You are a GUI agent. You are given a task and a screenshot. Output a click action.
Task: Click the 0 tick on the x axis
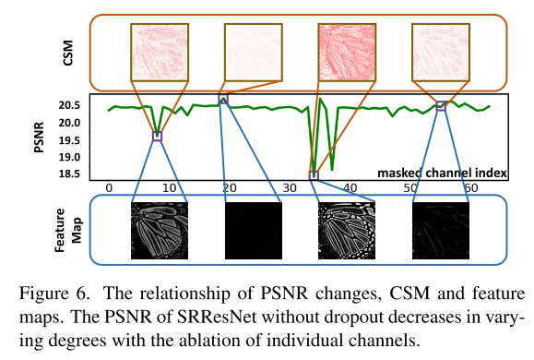coord(109,187)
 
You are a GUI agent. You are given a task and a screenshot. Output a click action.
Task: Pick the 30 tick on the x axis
coord(290,187)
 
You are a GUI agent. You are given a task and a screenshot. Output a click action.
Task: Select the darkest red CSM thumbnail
coord(348,49)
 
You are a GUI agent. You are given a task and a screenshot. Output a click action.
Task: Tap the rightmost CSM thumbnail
coord(440,49)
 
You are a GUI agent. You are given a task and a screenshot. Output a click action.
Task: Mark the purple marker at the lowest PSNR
coord(313,174)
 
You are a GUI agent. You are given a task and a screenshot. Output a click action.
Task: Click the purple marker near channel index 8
coord(157,136)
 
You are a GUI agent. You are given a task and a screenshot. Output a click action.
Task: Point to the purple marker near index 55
coord(440,105)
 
